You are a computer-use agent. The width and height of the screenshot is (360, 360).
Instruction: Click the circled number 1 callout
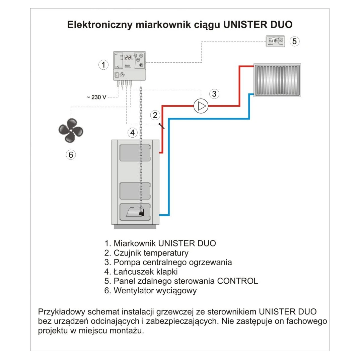pyautogui.click(x=104, y=64)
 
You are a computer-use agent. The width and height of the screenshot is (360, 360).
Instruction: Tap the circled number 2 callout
pyautogui.click(x=155, y=115)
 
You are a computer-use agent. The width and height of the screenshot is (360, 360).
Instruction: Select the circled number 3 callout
pyautogui.click(x=214, y=94)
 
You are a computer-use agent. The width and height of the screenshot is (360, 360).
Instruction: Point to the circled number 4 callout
pyautogui.click(x=133, y=133)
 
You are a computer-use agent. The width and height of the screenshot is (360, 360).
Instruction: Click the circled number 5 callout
pyautogui.click(x=294, y=41)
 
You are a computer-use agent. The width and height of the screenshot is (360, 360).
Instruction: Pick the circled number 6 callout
pyautogui.click(x=71, y=155)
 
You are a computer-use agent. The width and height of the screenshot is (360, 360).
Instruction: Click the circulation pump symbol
pyautogui.click(x=201, y=106)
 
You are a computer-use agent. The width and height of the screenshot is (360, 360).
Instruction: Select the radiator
pyautogui.click(x=277, y=80)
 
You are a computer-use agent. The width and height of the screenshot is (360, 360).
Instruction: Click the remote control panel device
pyautogui.click(x=275, y=41)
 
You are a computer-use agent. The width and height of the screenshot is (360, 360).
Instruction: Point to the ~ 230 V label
pyautogui.click(x=96, y=97)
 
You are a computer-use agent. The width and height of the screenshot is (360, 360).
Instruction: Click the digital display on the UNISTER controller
pyautogui.click(x=128, y=58)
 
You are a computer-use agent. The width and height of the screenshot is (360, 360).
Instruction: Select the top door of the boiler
pyautogui.click(x=135, y=153)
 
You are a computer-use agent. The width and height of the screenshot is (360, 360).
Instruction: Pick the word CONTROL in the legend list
pyautogui.click(x=237, y=281)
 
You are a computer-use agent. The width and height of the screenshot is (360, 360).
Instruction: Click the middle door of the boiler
pyautogui.click(x=135, y=191)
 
